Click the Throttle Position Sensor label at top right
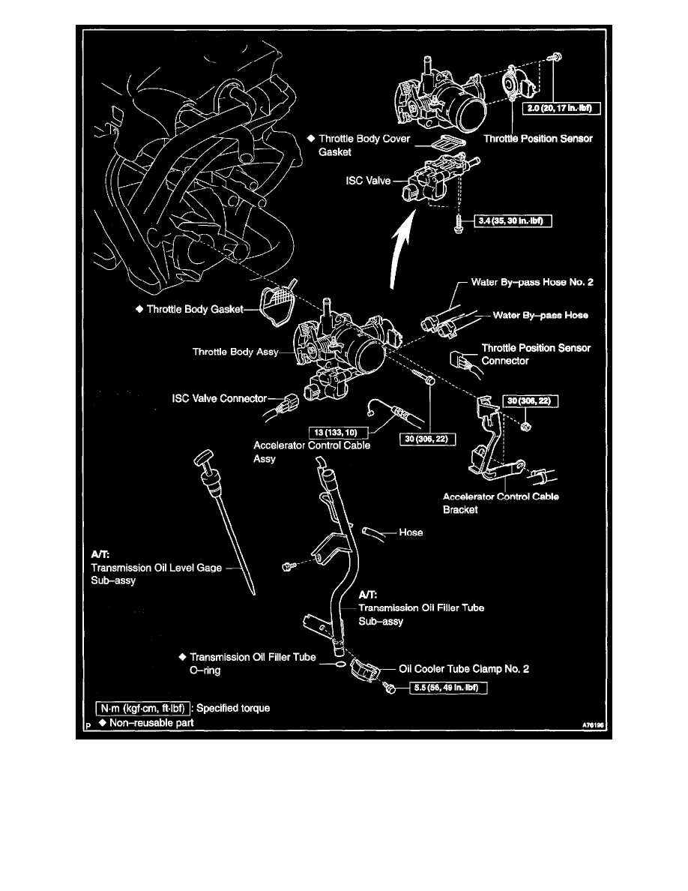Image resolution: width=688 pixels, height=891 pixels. tap(537, 139)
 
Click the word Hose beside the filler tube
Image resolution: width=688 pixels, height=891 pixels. tap(411, 532)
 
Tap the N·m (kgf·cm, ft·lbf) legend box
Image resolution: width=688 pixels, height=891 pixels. tap(142, 707)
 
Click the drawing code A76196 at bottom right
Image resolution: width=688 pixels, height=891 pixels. tap(593, 725)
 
